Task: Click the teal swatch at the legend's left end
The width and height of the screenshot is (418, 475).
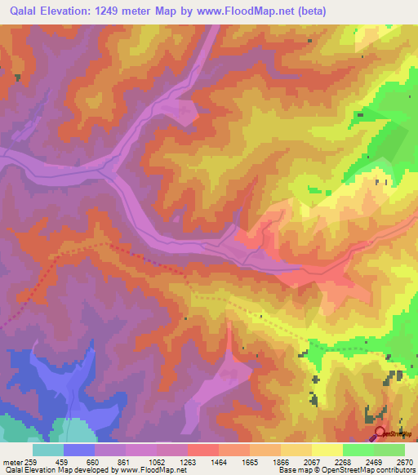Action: (48, 450)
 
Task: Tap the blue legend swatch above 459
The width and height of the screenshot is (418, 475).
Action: (79, 450)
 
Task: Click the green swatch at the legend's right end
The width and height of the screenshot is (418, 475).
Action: (389, 450)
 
